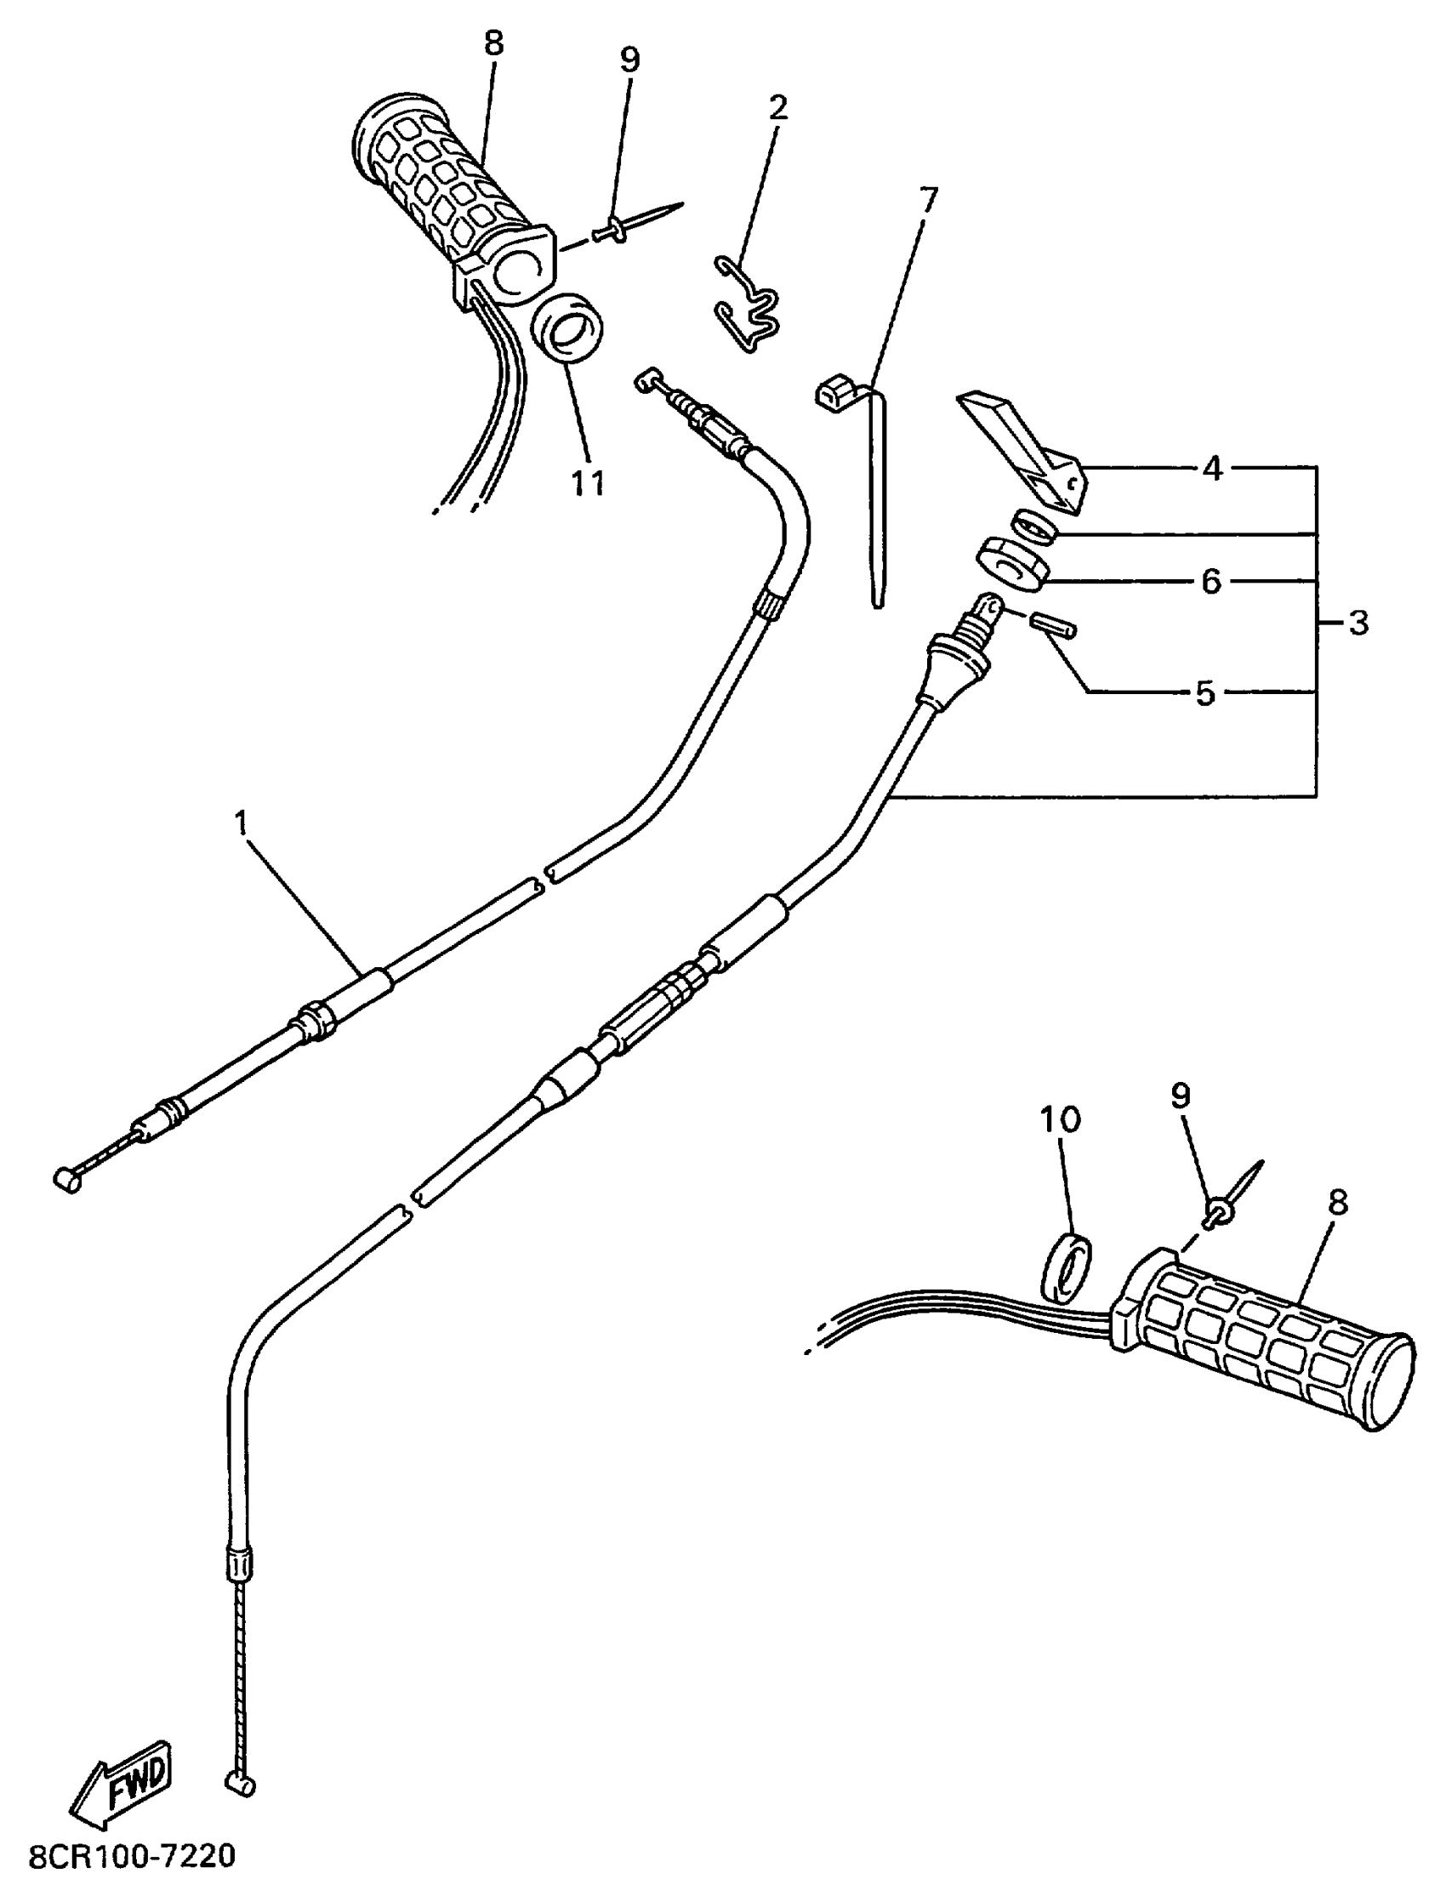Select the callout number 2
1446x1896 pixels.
pyautogui.click(x=777, y=107)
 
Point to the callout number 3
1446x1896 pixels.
pyautogui.click(x=1358, y=623)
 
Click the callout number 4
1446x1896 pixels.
pyautogui.click(x=1212, y=469)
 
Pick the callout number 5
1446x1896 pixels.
pyautogui.click(x=1205, y=693)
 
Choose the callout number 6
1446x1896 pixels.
pyautogui.click(x=1211, y=583)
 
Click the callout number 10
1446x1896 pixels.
pyautogui.click(x=1060, y=1119)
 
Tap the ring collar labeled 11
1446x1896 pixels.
pyautogui.click(x=567, y=331)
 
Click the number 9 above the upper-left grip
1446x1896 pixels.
pyautogui.click(x=630, y=60)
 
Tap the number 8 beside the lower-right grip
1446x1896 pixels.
pyautogui.click(x=1336, y=1203)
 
